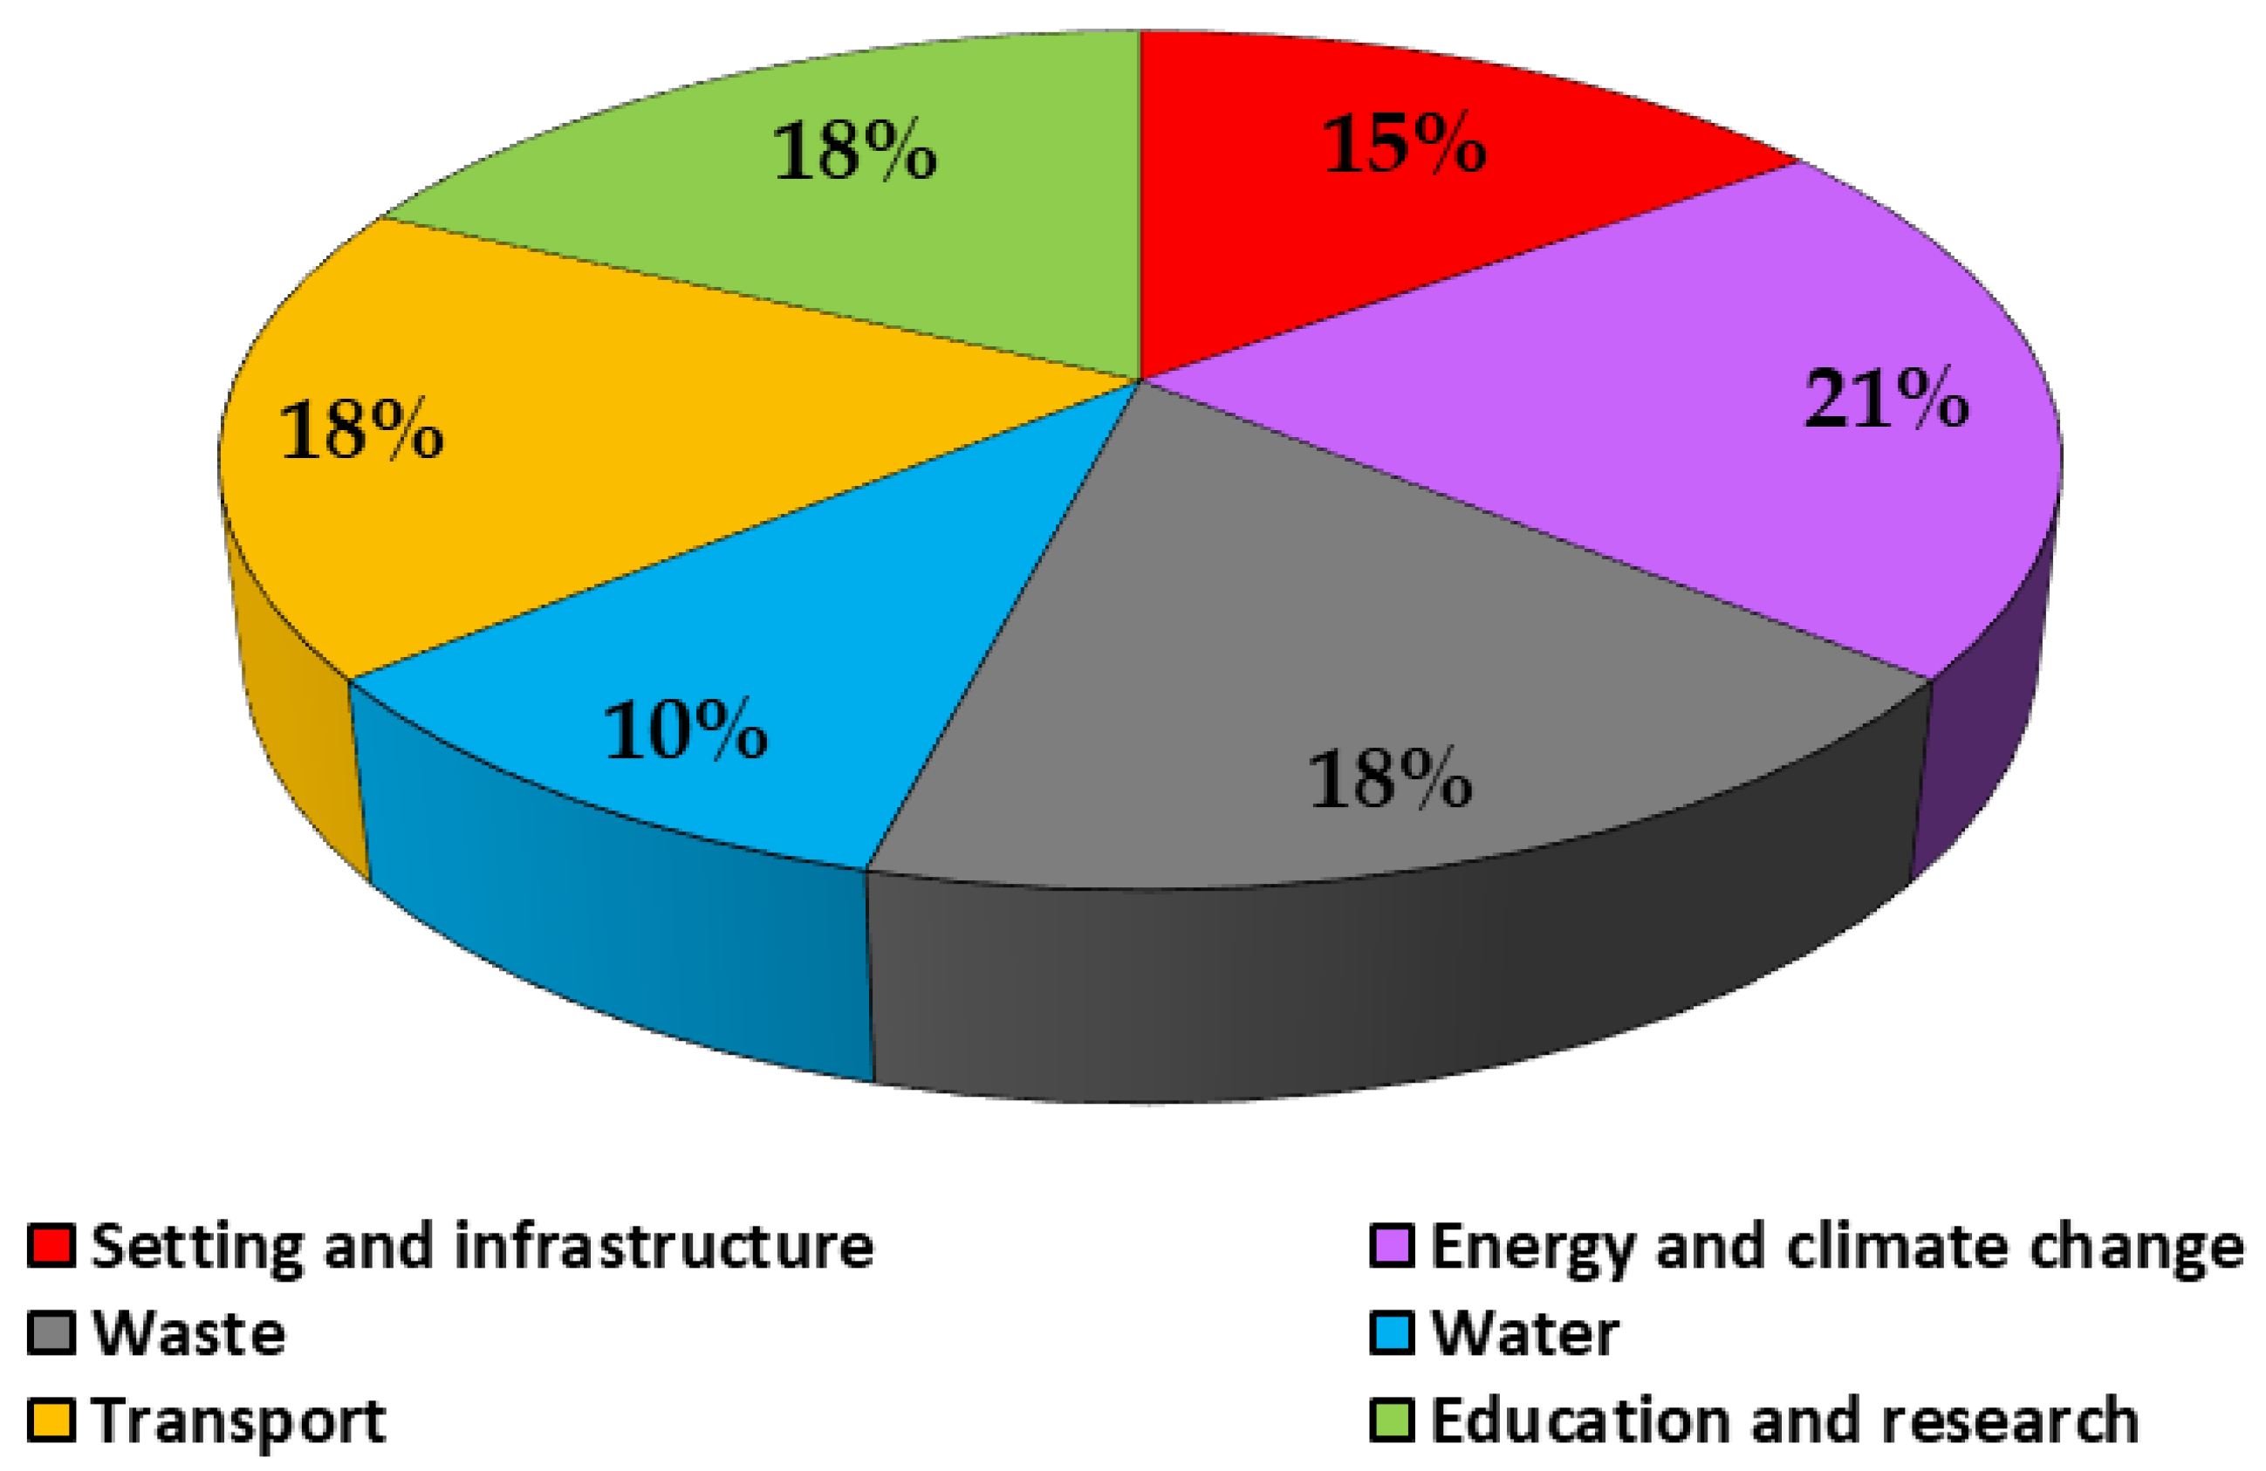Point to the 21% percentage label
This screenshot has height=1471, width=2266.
1886,399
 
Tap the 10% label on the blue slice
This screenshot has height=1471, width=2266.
686,730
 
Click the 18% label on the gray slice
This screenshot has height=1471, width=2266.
1391,780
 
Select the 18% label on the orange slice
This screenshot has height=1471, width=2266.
362,430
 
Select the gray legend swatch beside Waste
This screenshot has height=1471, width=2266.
51,1333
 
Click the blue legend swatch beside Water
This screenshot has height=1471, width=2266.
1391,1333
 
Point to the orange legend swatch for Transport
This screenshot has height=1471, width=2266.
51,1420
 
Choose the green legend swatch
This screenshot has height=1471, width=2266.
1391,1420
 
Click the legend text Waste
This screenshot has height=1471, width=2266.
189,1333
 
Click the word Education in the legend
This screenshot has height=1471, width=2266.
1578,1420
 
